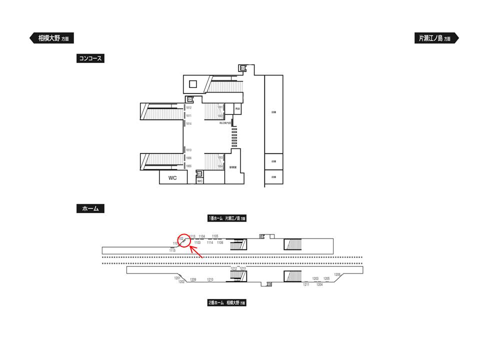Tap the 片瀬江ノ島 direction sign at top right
[433, 38]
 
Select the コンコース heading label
[90, 58]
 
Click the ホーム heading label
[90, 209]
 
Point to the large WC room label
[172, 177]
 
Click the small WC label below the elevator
[199, 181]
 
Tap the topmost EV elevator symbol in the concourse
[243, 68]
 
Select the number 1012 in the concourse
[189, 107]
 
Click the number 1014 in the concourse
[189, 123]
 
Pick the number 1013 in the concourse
[189, 150]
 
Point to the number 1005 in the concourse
[189, 165]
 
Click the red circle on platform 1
[184, 240]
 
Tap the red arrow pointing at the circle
[196, 252]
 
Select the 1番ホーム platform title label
[227, 218]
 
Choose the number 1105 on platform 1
[215, 236]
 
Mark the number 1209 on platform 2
[193, 279]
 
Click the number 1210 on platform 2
[210, 279]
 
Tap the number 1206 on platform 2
[337, 274]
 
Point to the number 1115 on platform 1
[172, 250]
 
